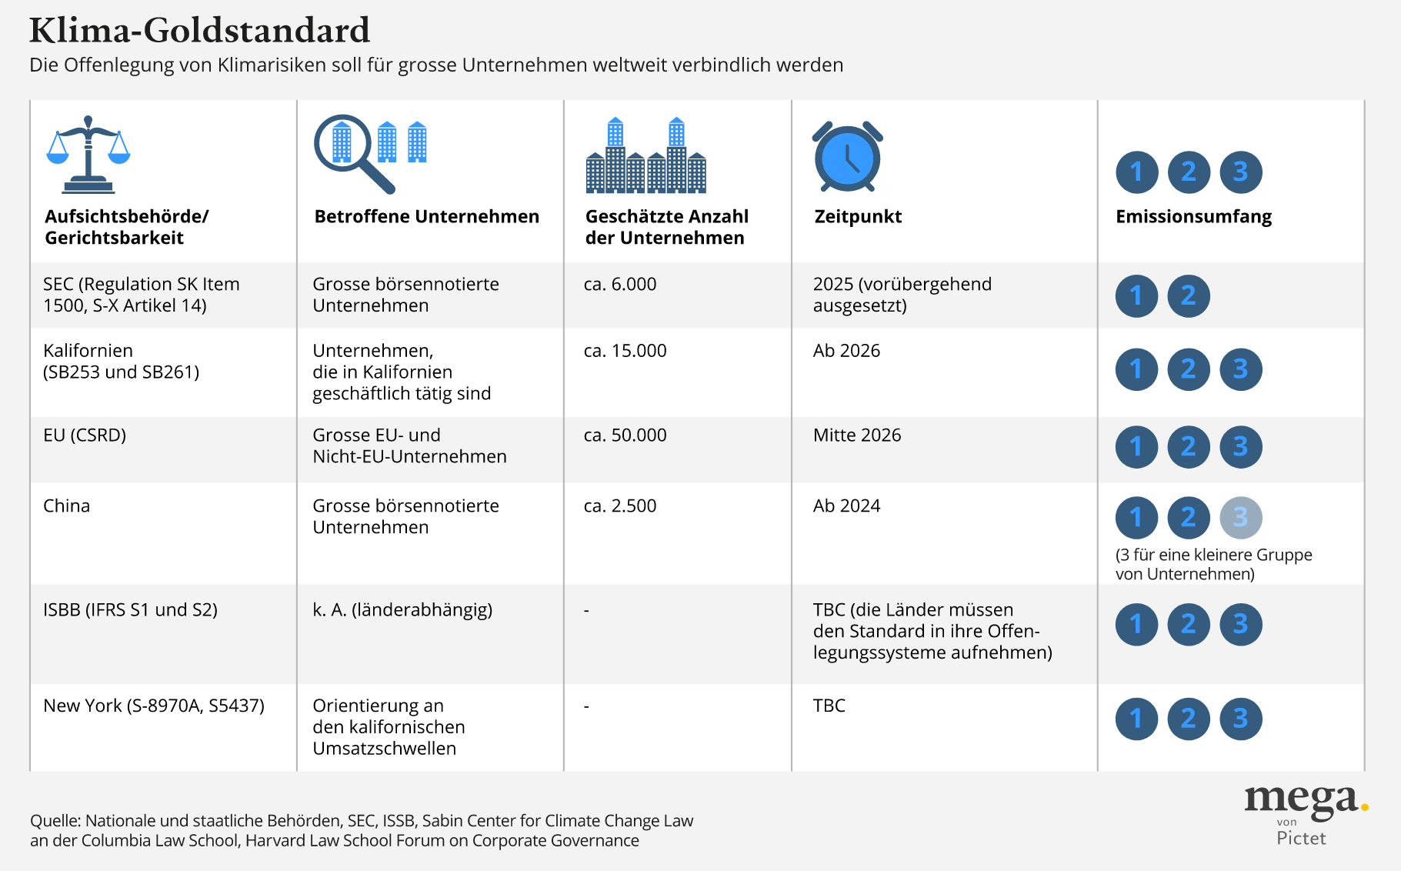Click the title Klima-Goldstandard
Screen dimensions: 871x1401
(199, 31)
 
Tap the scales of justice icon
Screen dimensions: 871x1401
(88, 154)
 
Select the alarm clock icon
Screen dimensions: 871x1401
(847, 156)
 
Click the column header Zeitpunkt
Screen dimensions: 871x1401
(858, 217)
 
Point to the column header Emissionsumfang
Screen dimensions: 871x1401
(1193, 217)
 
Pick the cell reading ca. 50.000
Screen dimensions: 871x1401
(625, 435)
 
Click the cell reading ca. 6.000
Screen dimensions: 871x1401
(619, 285)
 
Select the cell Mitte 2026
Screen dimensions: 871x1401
(856, 435)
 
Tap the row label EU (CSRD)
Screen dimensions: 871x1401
(85, 435)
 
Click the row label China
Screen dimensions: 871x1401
(66, 506)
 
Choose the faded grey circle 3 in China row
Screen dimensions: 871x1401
(1240, 517)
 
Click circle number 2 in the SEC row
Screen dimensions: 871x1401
(1188, 295)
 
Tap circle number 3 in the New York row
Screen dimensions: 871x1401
(1240, 719)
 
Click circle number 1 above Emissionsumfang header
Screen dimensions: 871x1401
(1136, 172)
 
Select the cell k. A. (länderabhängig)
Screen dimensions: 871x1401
(402, 610)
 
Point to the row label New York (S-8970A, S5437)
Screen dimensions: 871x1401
(154, 706)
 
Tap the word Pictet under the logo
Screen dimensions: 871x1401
(1301, 838)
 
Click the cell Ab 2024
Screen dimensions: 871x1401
(846, 506)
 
